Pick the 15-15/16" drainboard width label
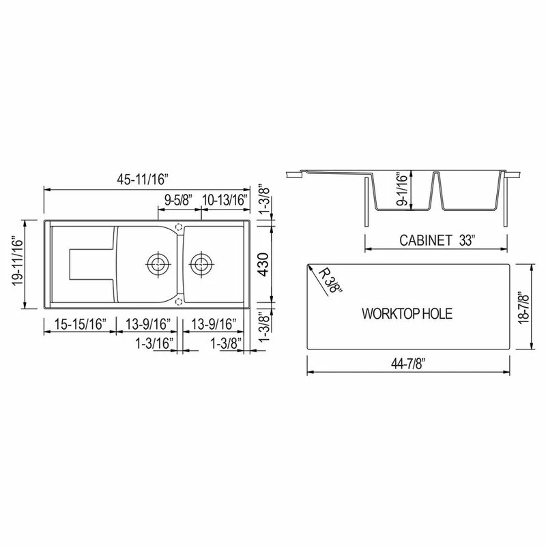tap(77, 324)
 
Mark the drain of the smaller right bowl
tap(201, 262)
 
